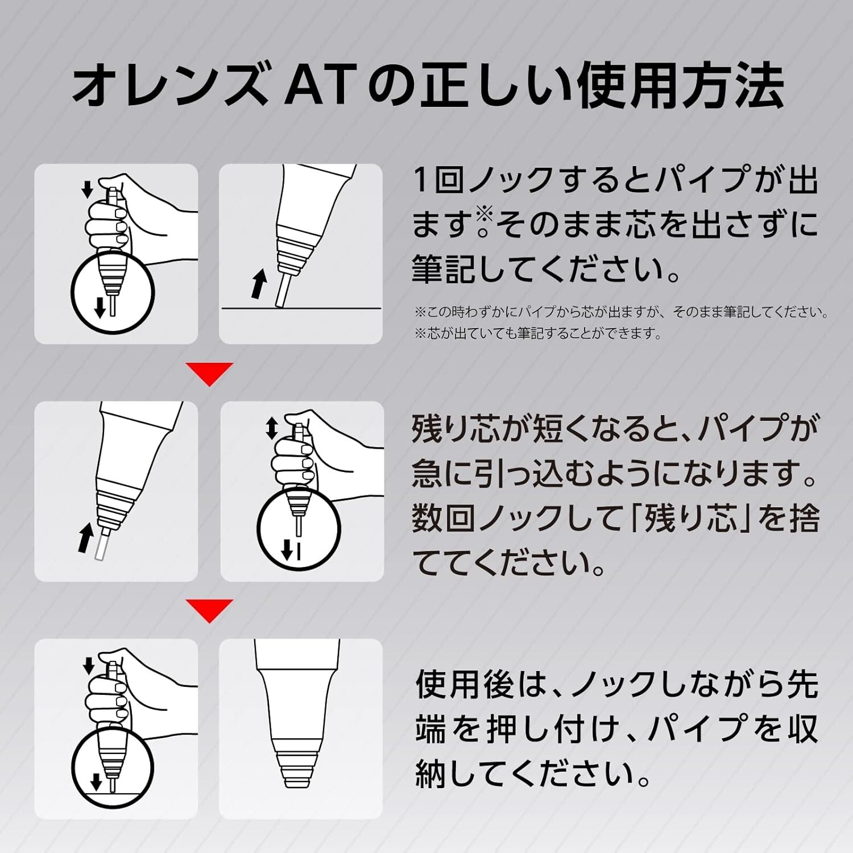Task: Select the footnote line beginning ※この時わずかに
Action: click(x=622, y=312)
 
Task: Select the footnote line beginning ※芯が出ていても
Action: click(x=538, y=333)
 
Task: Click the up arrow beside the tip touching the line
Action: click(x=259, y=284)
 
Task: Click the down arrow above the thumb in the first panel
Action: click(x=87, y=189)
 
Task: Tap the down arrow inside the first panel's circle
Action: click(x=100, y=307)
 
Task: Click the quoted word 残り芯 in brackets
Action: click(x=683, y=519)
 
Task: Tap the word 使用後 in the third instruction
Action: click(x=466, y=685)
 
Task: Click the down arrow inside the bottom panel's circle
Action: click(x=96, y=782)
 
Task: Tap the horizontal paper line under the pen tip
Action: click(x=301, y=308)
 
